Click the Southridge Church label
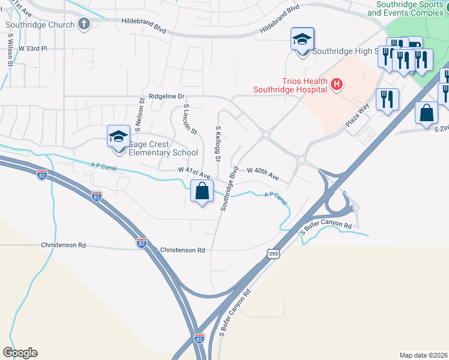[x=40, y=25]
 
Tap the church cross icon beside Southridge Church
[x=84, y=25]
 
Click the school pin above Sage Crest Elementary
[x=118, y=137]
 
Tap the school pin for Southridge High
[x=302, y=40]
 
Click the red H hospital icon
[x=337, y=85]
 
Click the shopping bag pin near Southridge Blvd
[x=202, y=192]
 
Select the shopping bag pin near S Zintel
[x=426, y=113]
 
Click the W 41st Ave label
[x=193, y=172]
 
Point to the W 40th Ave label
[x=263, y=173]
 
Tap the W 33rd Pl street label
[x=32, y=48]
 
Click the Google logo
[x=20, y=353]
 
